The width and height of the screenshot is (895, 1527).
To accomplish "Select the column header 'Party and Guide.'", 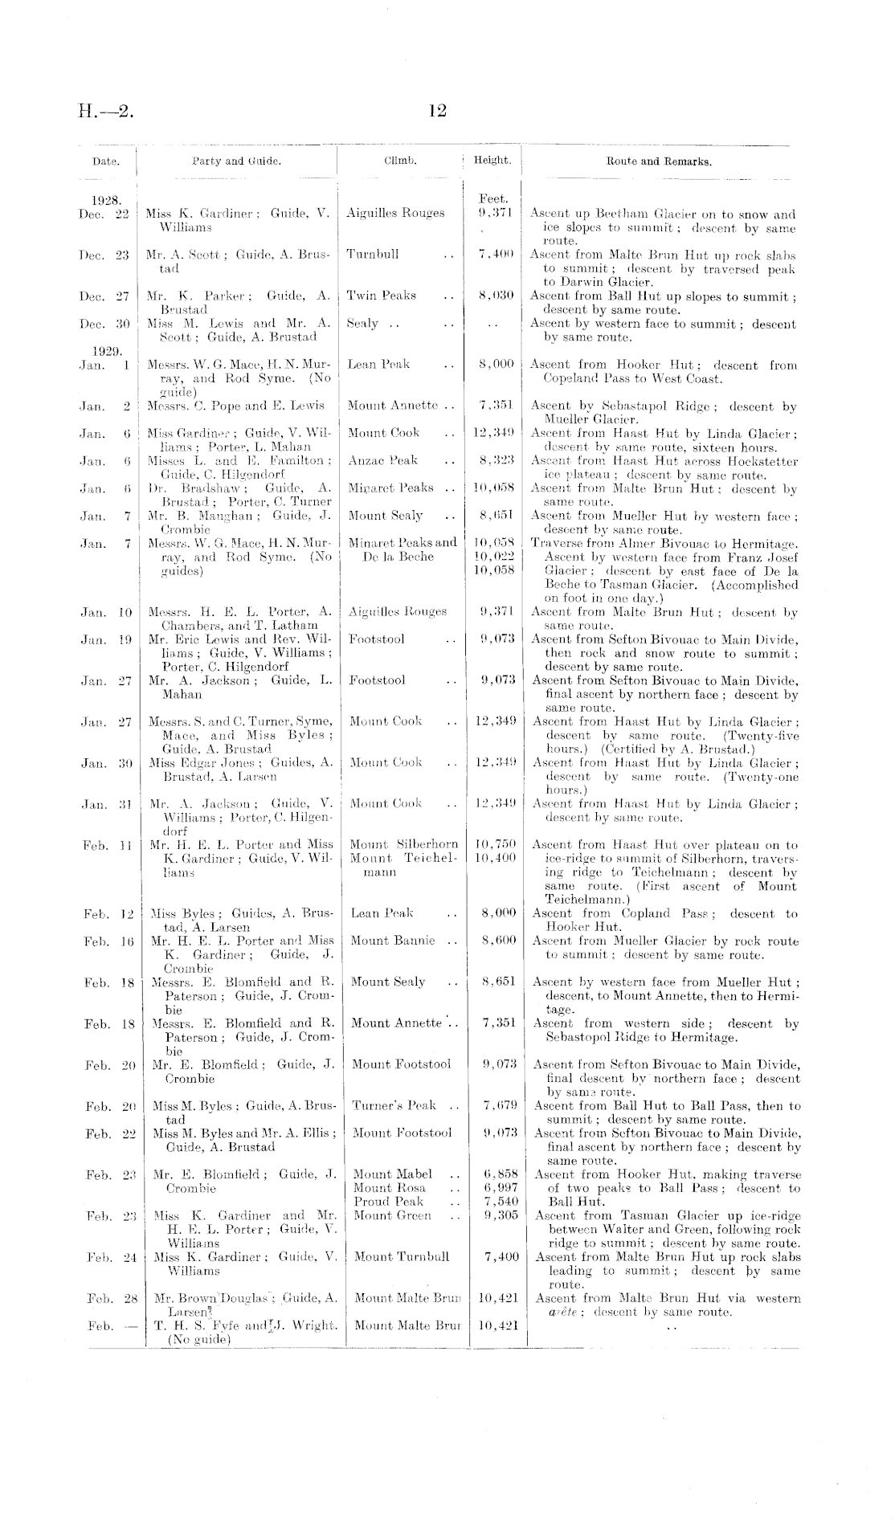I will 236,161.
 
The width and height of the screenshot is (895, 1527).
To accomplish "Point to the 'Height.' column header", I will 492,160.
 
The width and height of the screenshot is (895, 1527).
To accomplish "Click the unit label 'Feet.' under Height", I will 492,198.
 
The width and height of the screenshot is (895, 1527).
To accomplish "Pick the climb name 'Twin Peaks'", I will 381,296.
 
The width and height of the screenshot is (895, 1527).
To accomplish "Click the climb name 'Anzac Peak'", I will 382,460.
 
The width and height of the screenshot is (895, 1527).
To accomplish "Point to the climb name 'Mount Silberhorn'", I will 404,844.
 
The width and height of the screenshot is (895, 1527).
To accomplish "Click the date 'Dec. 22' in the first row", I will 104,214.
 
